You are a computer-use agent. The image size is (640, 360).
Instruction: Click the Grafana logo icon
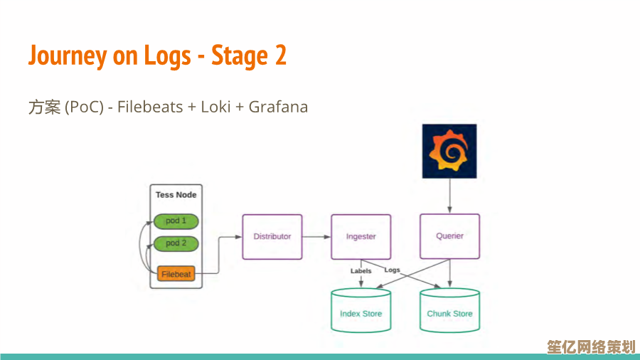point(449,151)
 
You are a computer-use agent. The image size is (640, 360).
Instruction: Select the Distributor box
point(272,236)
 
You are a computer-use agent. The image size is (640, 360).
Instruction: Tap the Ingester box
point(361,236)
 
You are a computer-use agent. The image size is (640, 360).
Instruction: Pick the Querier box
point(449,236)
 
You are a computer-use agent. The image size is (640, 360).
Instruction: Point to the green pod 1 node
point(176,221)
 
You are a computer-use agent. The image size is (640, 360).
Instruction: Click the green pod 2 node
point(176,243)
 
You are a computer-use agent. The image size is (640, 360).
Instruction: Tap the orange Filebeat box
point(176,274)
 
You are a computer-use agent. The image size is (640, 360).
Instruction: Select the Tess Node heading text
point(176,195)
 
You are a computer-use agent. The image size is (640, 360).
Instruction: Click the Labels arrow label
point(361,271)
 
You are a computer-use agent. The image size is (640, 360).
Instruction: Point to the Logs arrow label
point(393,270)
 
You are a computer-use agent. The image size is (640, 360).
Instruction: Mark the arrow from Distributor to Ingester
point(316,236)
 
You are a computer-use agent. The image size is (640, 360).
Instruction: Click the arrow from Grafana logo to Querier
point(449,196)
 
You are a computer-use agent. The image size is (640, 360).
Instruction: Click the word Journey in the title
point(68,55)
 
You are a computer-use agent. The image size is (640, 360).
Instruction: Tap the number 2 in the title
point(279,55)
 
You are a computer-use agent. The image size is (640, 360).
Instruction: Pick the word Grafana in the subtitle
point(278,107)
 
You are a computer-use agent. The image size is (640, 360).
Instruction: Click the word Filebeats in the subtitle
point(149,107)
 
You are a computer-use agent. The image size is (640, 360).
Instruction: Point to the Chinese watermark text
point(591,346)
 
